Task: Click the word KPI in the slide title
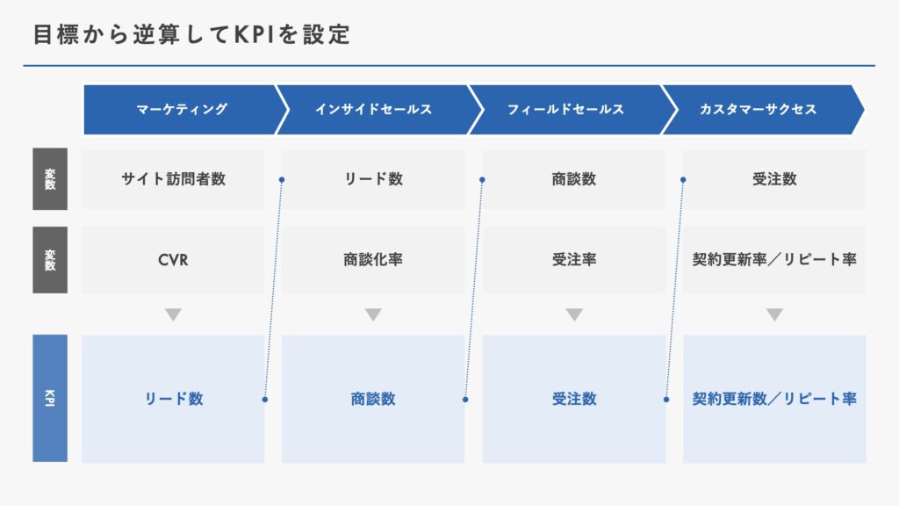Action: (x=255, y=34)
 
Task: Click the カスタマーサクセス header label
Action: (x=758, y=109)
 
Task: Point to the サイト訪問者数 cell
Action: (x=173, y=179)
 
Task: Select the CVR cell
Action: (x=173, y=260)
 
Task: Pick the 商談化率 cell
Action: (x=373, y=260)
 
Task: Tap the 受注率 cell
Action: (x=574, y=260)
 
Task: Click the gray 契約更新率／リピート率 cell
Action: (x=774, y=260)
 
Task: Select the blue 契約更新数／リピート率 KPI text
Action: (x=774, y=399)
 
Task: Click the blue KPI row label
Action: (x=50, y=398)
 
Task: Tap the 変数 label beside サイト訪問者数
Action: (x=50, y=179)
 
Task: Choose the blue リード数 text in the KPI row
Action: (x=173, y=399)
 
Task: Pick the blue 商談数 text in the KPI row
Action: (x=373, y=399)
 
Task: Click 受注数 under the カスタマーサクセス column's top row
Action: (x=774, y=179)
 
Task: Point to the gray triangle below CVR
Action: (x=173, y=314)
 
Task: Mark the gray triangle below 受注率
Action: (x=574, y=314)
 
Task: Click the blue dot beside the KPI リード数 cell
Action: (x=265, y=400)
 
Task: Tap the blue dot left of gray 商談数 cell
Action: (x=482, y=179)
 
